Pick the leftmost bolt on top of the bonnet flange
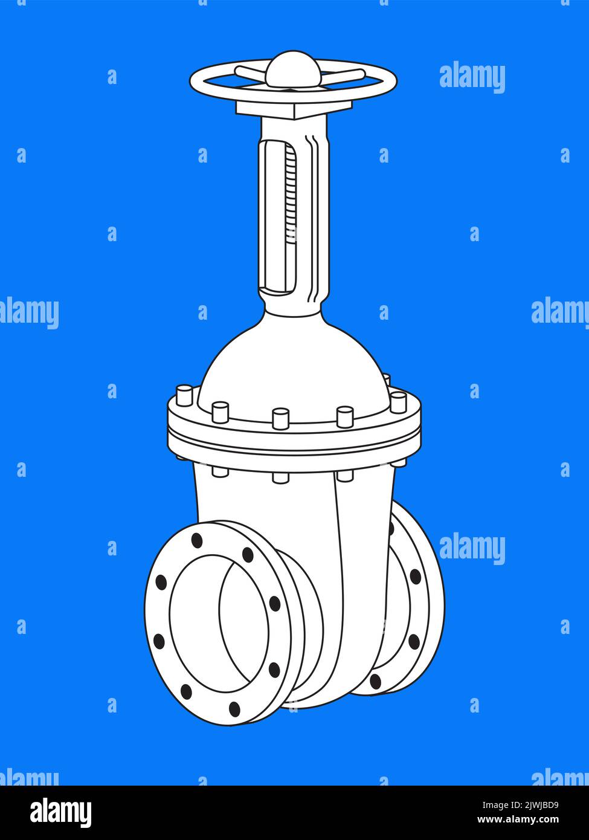[184, 395]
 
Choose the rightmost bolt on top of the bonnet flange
[398, 401]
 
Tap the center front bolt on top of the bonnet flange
[280, 418]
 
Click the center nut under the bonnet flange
[280, 477]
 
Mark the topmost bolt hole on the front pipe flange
[197, 540]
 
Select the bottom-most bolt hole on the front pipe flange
[234, 709]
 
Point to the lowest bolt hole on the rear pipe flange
[375, 682]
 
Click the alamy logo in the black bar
[60, 812]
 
